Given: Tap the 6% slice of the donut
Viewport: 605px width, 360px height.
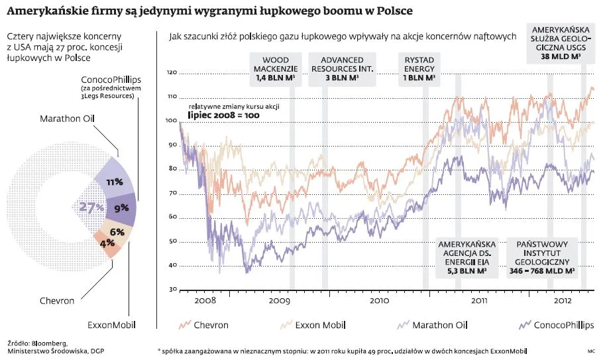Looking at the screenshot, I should pos(117,231).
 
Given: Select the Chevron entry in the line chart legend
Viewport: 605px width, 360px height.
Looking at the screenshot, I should pos(210,325).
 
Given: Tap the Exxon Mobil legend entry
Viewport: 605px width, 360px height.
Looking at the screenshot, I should pos(317,325).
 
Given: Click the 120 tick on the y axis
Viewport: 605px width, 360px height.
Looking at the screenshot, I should pos(172,72).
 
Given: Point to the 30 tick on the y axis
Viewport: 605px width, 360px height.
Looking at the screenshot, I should pos(173,290).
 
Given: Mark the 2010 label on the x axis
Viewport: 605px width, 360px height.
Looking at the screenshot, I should pos(379,300).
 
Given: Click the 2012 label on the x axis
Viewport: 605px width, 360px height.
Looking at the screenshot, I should pos(563,300).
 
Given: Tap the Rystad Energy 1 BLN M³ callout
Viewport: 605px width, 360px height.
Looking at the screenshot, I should pos(419,69).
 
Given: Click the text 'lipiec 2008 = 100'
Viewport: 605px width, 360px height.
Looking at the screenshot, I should pos(224,115).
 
